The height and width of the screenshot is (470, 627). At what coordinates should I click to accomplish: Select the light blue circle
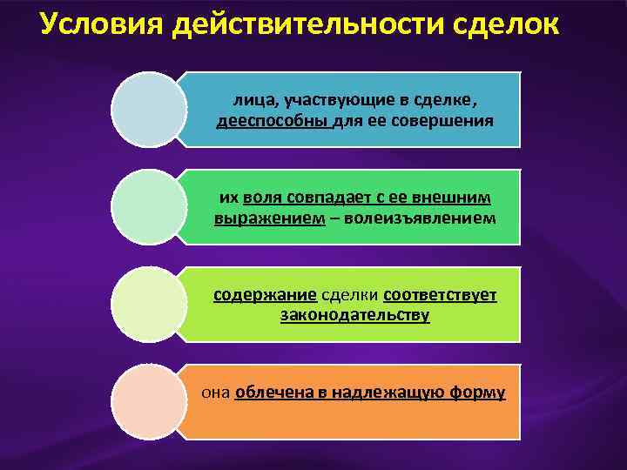pos(149,110)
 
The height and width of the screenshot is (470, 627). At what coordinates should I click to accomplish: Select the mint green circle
pos(149,207)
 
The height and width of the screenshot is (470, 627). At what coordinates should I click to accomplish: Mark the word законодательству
pos(354,315)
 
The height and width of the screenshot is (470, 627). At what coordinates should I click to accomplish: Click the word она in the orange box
pos(216,392)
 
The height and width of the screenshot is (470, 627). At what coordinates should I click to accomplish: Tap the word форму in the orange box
pos(477,392)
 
